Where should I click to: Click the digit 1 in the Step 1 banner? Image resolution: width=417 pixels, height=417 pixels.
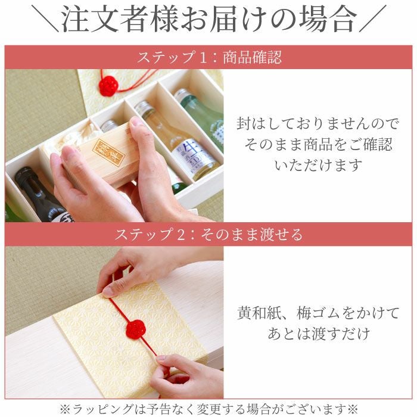tap(203, 57)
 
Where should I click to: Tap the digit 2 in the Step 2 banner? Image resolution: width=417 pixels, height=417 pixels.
tap(181, 235)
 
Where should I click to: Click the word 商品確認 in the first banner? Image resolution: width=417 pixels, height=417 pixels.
tap(252, 57)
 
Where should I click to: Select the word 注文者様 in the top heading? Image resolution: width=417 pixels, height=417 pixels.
tap(120, 18)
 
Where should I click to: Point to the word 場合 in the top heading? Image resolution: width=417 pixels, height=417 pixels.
tap(328, 18)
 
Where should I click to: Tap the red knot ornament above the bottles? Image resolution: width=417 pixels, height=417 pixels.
tap(109, 86)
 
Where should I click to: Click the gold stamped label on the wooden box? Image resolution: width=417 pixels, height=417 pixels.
tap(108, 153)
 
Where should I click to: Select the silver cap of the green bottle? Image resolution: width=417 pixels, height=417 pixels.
tap(182, 95)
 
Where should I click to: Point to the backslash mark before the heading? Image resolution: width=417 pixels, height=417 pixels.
tap(45, 18)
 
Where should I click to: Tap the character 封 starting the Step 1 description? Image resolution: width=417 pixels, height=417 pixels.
tap(244, 124)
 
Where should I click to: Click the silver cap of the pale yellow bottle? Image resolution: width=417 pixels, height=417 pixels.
tap(144, 107)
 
